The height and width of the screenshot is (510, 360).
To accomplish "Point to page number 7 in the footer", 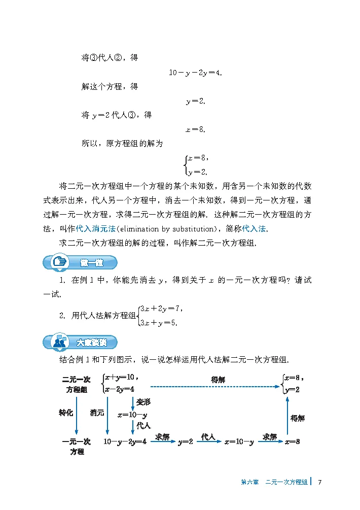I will [320, 482].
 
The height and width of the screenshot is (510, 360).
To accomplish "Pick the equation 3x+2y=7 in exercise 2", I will [161, 308].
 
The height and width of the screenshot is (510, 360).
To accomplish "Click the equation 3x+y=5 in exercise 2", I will [159, 322].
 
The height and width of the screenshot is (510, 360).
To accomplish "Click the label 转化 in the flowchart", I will [66, 413].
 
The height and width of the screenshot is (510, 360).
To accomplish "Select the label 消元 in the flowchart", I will [97, 413].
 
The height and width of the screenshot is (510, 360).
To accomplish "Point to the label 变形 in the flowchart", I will [143, 401].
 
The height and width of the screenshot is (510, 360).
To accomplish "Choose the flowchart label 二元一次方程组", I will [77, 384].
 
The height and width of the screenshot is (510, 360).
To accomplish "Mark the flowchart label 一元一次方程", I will [77, 446].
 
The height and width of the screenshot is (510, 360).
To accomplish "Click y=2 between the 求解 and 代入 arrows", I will [186, 442].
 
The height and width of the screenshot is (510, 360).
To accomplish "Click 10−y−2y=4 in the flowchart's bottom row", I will [125, 441].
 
